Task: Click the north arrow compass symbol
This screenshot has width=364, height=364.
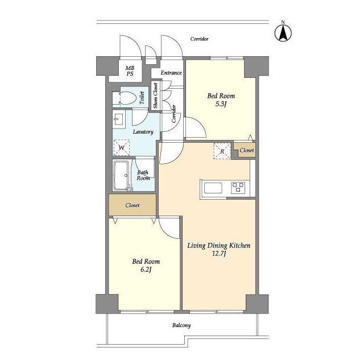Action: pos(283,33)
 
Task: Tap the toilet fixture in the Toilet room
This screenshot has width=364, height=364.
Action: pos(124,98)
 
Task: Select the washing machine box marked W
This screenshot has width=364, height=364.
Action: pos(121,147)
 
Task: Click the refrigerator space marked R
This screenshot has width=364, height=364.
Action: pos(222,151)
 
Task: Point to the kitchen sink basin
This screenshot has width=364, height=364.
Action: pos(213,188)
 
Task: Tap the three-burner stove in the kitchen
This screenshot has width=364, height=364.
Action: pos(238,188)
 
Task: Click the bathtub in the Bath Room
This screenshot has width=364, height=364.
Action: pos(121,175)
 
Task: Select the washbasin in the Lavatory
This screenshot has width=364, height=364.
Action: pos(119,119)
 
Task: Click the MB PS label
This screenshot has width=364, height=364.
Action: pos(130,71)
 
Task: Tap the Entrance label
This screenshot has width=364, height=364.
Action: pos(171,73)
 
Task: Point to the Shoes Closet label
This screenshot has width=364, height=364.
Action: pos(155,96)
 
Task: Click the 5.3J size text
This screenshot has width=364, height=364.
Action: pos(221,104)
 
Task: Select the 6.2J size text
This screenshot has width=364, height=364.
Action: pos(146,270)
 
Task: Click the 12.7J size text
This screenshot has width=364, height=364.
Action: pos(219,254)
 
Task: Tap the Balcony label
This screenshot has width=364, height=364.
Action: pos(181,325)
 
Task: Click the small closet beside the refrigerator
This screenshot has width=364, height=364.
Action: pos(245,150)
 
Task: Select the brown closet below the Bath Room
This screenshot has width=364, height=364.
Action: pos(133,205)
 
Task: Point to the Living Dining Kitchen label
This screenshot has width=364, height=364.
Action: pos(219,245)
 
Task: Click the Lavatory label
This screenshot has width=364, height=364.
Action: pos(143,132)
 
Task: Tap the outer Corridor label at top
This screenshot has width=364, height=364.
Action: pos(200,39)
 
